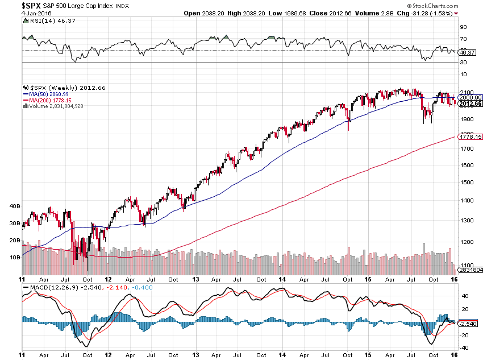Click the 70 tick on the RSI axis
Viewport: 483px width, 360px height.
point(464,39)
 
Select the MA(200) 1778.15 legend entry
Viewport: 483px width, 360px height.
point(49,100)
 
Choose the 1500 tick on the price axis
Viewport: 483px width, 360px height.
point(467,183)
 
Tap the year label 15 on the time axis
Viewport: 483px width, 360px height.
point(368,280)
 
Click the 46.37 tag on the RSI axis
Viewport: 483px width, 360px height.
point(468,52)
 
